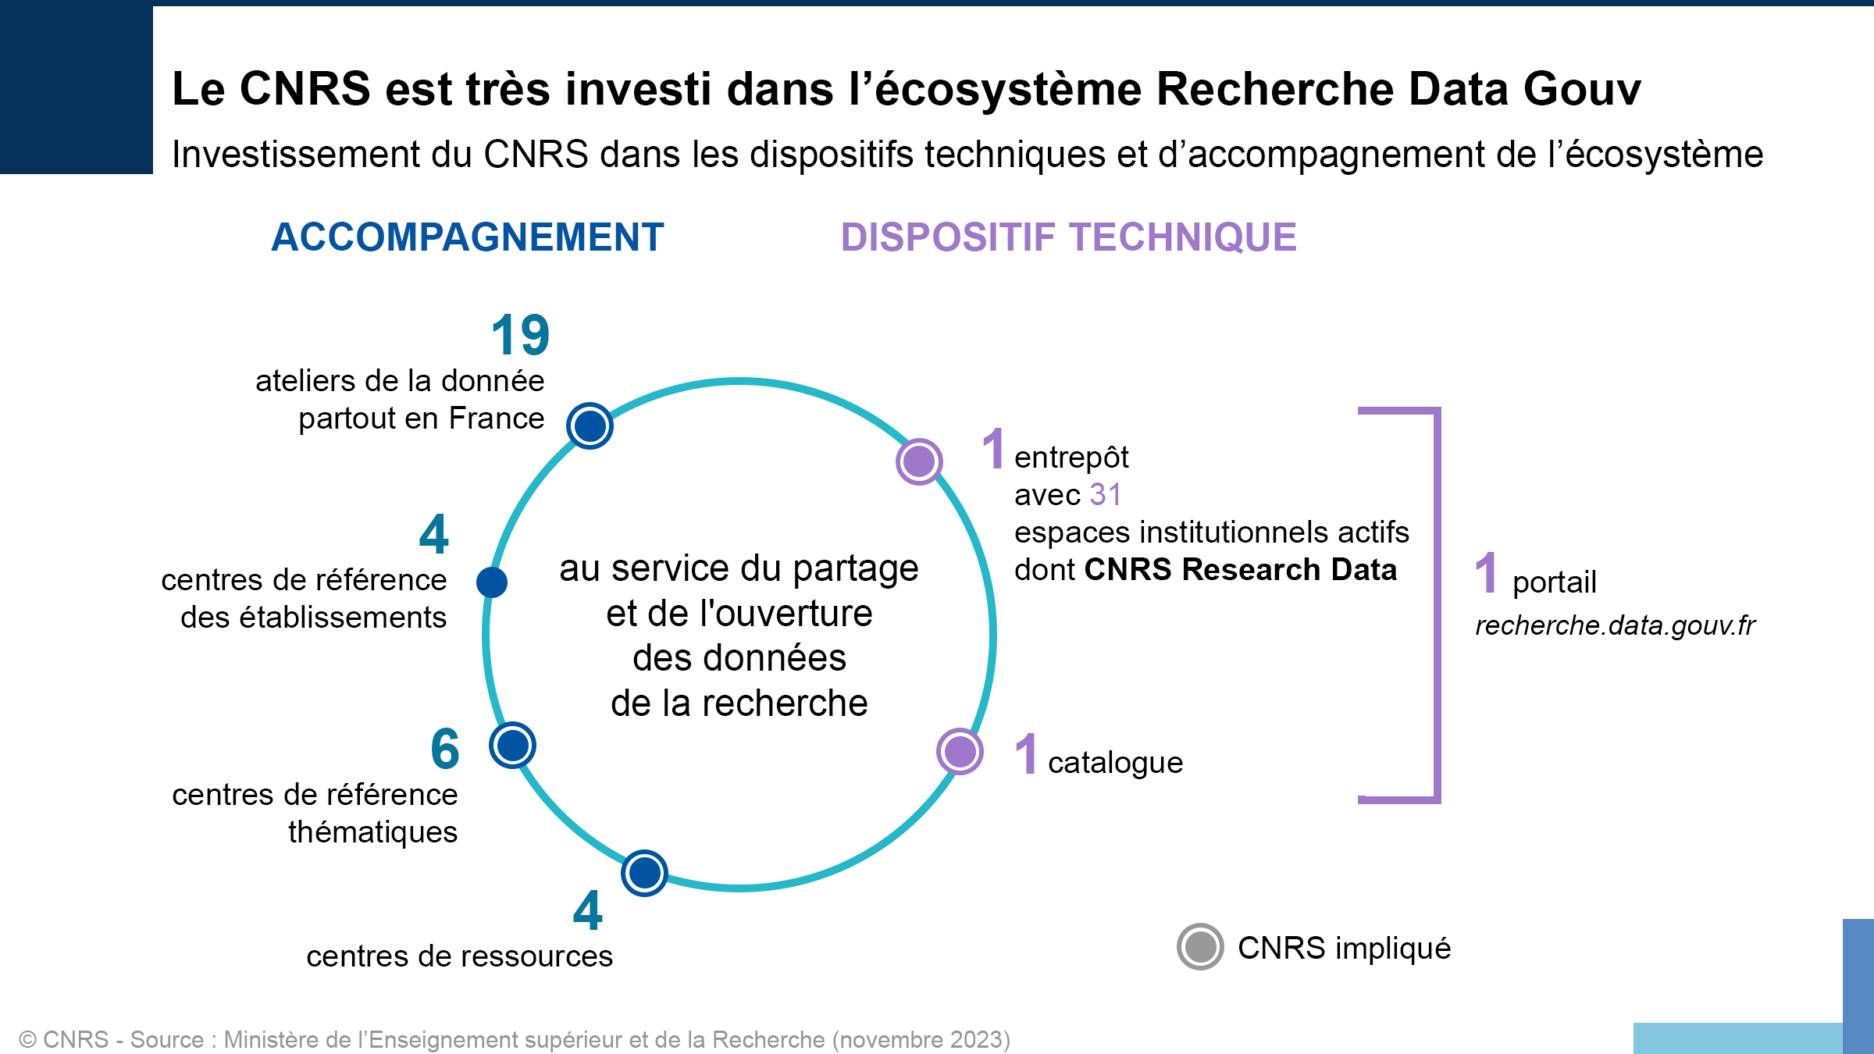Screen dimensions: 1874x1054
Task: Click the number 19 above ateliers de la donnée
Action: click(521, 335)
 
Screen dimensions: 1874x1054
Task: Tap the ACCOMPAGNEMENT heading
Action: click(468, 237)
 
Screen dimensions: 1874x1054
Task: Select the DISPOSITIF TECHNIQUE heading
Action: click(1069, 237)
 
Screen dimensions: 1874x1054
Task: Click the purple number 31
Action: click(1106, 494)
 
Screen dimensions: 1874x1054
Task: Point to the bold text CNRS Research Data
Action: click(1241, 569)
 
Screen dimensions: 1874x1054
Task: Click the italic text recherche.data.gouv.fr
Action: click(1615, 625)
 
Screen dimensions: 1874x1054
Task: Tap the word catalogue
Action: click(1115, 763)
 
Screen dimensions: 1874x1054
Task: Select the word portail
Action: click(1555, 582)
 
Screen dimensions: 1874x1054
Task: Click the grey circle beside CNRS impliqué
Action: click(1200, 947)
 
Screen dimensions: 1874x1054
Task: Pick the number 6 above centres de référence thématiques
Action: click(445, 749)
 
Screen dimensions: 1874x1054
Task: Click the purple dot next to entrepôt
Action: click(919, 461)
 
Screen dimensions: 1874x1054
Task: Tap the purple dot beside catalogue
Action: click(960, 752)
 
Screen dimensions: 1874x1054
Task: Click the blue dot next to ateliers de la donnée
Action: click(590, 426)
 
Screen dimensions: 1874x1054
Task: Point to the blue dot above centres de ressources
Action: click(644, 873)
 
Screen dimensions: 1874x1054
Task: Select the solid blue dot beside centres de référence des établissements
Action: click(492, 582)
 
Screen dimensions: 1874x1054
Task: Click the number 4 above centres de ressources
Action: click(588, 910)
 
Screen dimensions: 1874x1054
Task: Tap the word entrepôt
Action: click(1071, 458)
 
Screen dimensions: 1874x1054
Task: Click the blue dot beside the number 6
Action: click(512, 745)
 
